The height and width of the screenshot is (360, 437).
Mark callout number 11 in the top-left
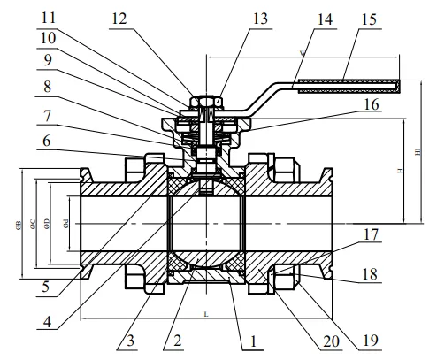coord(50,18)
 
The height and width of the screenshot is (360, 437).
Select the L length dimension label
coord(205,315)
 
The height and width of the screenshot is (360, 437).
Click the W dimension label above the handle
coord(303,53)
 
